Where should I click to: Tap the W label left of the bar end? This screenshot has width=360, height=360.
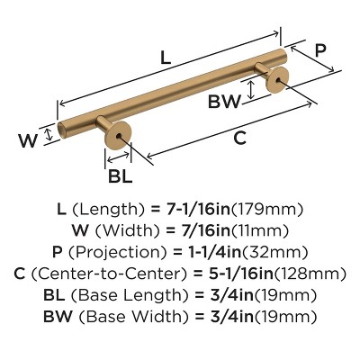(27, 140)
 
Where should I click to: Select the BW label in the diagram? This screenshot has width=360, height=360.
(223, 102)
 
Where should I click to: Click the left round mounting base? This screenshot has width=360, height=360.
(118, 140)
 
